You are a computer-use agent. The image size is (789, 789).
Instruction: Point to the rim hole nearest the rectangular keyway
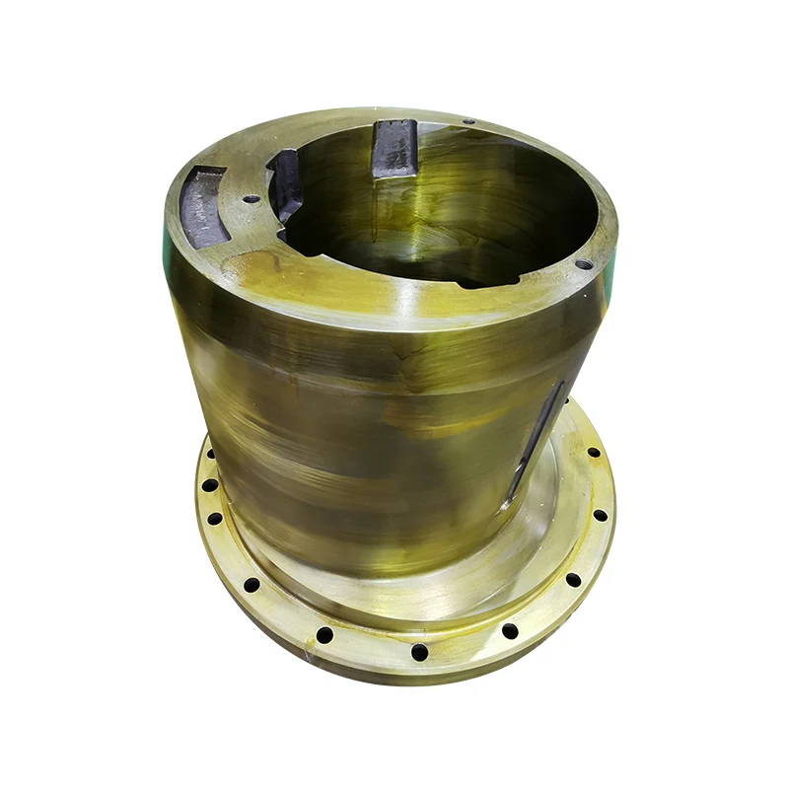(467, 121)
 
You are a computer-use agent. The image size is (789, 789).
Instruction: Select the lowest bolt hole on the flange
(419, 652)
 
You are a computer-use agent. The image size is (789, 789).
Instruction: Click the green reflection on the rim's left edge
(161, 232)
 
